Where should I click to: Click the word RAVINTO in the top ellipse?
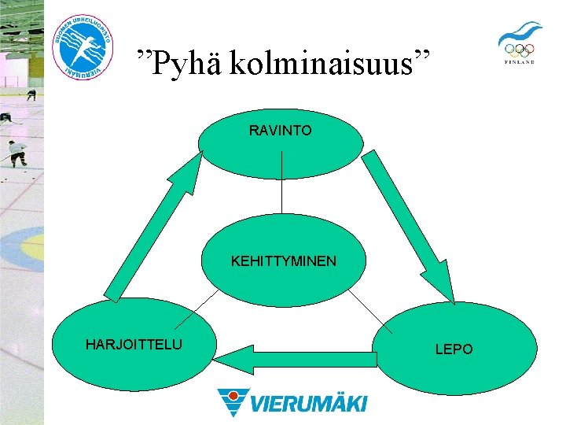[280, 130]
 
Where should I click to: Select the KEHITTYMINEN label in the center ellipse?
[283, 260]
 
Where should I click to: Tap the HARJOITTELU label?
[134, 344]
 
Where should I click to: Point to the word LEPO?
[454, 349]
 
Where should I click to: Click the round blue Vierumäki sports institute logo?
[83, 45]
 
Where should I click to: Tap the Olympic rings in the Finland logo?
[519, 50]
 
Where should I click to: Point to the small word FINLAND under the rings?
[519, 62]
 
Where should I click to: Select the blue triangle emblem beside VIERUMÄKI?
[233, 401]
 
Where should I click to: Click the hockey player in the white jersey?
[16, 151]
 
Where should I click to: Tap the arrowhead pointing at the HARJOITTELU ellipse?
[228, 360]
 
